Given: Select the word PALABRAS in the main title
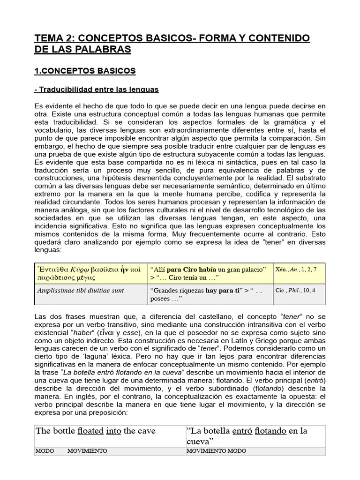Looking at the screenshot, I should tap(106, 49).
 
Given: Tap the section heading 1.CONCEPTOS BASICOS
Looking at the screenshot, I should tap(85, 71).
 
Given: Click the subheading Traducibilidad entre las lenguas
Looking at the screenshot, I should tap(97, 89).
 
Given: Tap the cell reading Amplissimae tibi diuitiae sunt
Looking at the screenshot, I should tap(81, 291).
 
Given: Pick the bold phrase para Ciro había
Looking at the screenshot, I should tap(185, 269).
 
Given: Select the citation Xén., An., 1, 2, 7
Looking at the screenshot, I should tap(296, 269).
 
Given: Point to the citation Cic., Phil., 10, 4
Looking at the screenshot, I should tap(295, 291).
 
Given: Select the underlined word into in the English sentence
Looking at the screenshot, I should tap(113, 431).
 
